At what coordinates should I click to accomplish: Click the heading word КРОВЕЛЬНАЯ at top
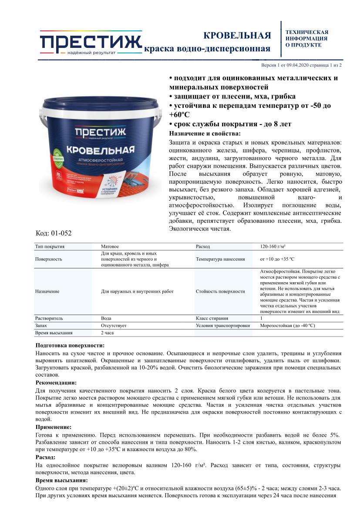(237, 35)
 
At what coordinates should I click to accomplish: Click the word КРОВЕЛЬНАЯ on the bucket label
(100, 150)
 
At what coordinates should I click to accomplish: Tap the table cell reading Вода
(106, 318)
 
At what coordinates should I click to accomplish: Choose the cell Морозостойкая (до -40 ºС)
(287, 325)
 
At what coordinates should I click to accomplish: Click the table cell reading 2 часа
(108, 333)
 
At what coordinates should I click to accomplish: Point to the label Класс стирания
(212, 318)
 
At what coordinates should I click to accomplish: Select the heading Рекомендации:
(56, 382)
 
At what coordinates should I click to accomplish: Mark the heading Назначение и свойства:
(204, 133)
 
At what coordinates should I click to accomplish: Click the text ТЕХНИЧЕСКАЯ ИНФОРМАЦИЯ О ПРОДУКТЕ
(306, 38)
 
